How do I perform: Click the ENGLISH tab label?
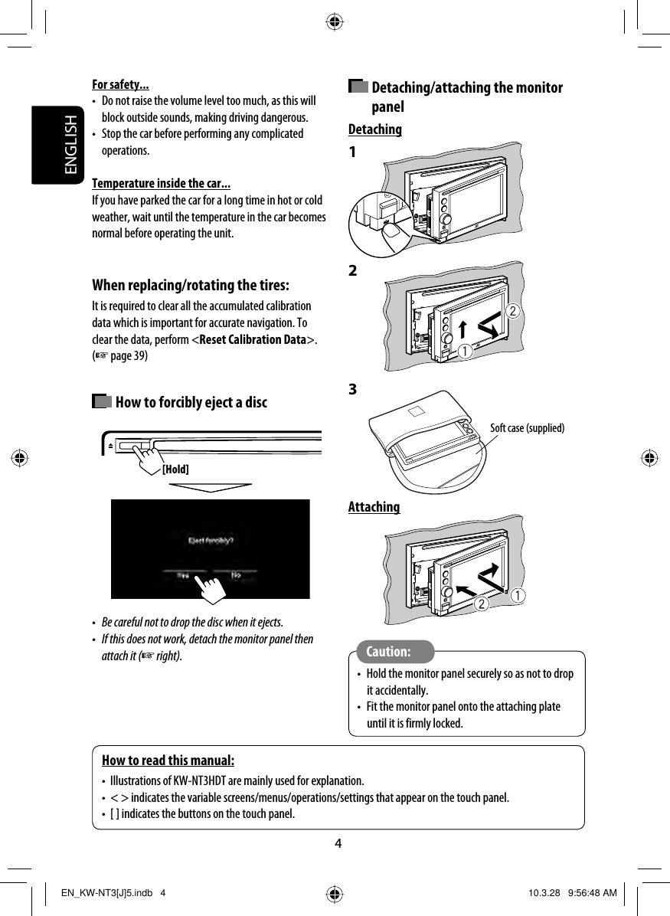70,146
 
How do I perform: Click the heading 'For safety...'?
120,84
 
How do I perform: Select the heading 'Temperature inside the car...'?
162,184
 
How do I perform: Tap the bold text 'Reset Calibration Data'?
252,340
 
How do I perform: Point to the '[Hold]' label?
175,469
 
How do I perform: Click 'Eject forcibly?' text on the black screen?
211,540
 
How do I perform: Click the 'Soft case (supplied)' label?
527,428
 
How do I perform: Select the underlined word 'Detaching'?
375,129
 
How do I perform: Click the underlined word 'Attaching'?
374,507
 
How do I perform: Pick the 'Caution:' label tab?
388,652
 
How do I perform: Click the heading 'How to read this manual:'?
168,761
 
